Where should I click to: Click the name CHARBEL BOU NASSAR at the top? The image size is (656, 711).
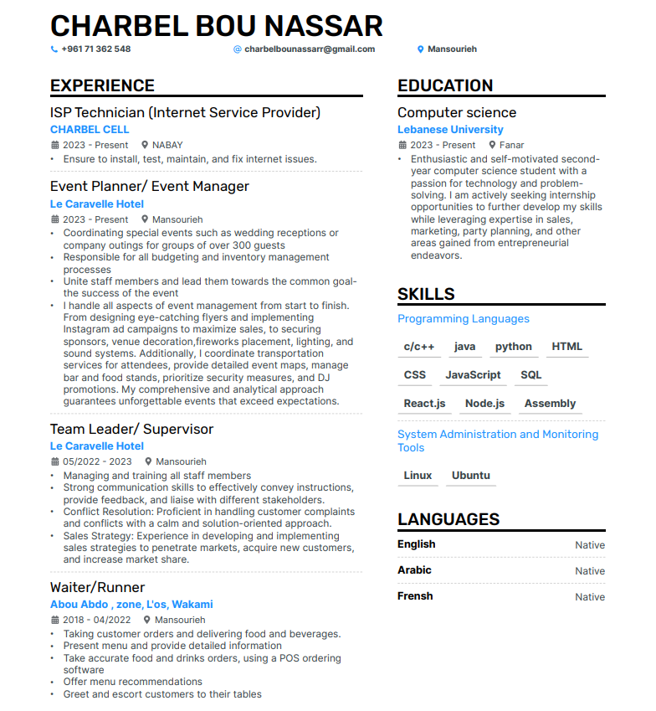click(217, 25)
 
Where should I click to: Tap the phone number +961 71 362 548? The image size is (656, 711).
click(95, 49)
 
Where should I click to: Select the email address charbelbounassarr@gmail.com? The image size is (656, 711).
click(310, 49)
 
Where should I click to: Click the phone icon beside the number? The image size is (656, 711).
click(54, 49)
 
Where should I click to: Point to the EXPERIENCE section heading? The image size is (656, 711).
click(102, 85)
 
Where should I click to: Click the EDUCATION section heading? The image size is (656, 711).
click(445, 85)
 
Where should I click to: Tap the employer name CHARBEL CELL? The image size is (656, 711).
click(90, 130)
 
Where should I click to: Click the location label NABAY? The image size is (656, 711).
click(167, 145)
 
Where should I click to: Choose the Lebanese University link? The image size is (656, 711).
click(450, 130)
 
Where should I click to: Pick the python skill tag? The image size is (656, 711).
click(513, 347)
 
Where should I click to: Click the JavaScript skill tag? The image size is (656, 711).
click(473, 375)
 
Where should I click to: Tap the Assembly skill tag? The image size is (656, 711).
click(550, 404)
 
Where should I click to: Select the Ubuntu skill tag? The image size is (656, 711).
click(470, 476)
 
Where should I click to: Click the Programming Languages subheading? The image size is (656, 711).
click(463, 319)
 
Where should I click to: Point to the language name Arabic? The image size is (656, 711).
click(414, 570)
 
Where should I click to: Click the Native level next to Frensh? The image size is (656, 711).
click(589, 597)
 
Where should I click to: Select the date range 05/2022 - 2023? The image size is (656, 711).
click(97, 461)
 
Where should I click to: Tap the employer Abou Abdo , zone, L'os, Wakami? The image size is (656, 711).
click(131, 605)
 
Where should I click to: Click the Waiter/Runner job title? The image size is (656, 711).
click(97, 587)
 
